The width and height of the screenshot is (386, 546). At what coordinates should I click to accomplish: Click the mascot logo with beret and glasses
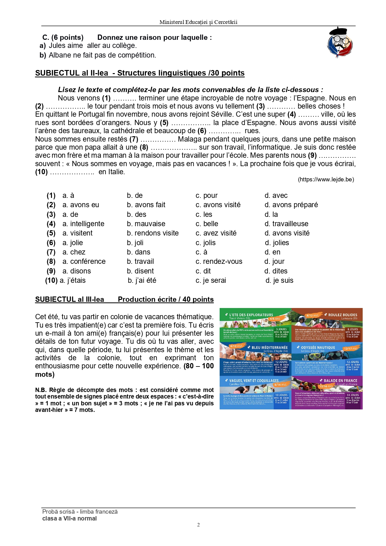340,43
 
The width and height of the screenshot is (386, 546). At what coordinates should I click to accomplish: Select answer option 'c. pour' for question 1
207,195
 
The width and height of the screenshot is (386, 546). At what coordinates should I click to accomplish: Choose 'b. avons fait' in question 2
146,205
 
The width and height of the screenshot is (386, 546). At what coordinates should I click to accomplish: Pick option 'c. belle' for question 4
207,224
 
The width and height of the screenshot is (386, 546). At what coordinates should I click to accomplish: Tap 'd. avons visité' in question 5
287,233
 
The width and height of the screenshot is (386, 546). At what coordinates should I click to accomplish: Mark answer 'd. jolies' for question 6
277,243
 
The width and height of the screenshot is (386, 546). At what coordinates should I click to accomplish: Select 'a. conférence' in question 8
84,261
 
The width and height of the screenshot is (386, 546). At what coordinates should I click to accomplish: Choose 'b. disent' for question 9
140,271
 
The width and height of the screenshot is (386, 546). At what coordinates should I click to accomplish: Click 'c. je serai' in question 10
211,280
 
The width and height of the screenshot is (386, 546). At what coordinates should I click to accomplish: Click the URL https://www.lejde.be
326,180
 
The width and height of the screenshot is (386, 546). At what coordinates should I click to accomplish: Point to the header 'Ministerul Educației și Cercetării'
198,22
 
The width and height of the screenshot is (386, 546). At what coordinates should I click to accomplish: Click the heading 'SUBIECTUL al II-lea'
72,73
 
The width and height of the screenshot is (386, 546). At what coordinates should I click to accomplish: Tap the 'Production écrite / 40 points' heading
165,299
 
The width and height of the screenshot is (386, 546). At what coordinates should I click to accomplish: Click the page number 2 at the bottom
198,525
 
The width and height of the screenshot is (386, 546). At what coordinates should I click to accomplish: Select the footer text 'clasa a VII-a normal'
69,518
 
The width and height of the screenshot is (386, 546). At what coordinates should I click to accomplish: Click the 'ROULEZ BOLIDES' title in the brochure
342,315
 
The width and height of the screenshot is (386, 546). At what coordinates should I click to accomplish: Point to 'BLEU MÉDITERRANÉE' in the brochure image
269,348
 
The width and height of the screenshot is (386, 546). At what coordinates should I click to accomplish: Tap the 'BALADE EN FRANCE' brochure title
340,380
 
